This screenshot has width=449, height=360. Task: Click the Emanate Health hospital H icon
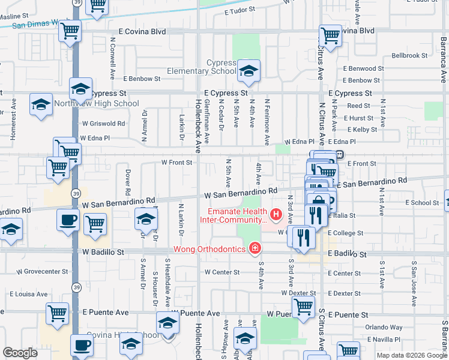pyautogui.click(x=276, y=214)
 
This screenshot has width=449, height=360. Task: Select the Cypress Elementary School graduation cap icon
pyautogui.click(x=246, y=71)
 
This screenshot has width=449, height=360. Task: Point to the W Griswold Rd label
pyautogui.click(x=104, y=124)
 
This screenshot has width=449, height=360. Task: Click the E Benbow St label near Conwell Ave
pyautogui.click(x=142, y=79)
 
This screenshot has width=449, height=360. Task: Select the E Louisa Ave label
pyautogui.click(x=28, y=294)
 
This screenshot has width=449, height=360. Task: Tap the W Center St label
pyautogui.click(x=222, y=272)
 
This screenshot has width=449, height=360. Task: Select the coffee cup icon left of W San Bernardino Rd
pyautogui.click(x=68, y=219)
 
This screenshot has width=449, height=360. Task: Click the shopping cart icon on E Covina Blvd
pyautogui.click(x=330, y=35)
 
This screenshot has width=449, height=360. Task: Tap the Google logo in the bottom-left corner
pyautogui.click(x=20, y=353)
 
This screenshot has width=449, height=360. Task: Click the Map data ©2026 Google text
pyautogui.click(x=411, y=355)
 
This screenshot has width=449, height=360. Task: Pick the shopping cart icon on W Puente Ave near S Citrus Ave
pyautogui.click(x=303, y=306)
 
